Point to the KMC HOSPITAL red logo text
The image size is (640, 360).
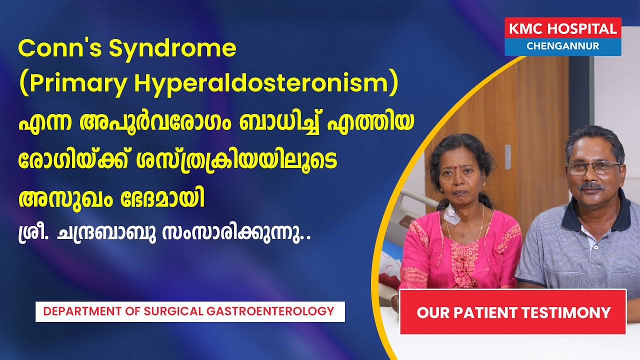click(x=562, y=29)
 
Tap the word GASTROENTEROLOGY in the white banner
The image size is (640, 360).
click(x=270, y=311)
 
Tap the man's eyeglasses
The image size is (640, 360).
click(x=593, y=167)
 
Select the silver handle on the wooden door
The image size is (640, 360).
click(x=507, y=157)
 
